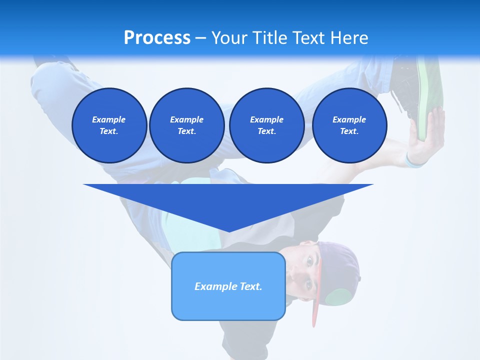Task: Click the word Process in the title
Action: pos(157,38)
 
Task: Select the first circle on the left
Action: pos(109,125)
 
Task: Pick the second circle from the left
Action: pos(187,125)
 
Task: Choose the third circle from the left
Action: pos(266,125)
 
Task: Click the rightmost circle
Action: pos(349,125)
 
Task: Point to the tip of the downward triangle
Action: pos(229,231)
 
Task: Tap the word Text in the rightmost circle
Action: pos(348,131)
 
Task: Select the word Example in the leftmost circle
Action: pos(109,119)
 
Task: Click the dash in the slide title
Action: pos(200,38)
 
